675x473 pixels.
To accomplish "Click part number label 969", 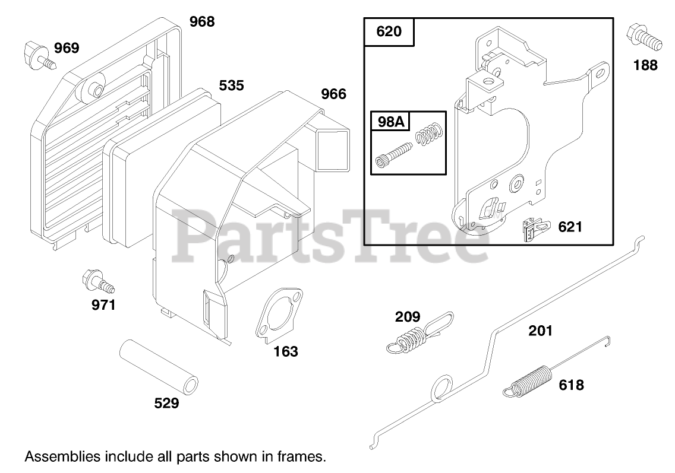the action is coord(67,48).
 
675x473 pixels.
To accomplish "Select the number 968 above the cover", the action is coord(202,22).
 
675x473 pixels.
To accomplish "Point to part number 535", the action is coord(231,85).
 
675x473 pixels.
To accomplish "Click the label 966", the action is coord(333,94).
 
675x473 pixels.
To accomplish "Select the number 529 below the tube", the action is coord(166,404).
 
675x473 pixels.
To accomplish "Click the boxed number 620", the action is coord(389,31).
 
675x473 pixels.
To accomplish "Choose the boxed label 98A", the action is coord(390,122).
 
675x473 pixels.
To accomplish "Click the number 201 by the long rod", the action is coord(540,331).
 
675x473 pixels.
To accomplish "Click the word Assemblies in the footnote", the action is coord(62,457).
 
